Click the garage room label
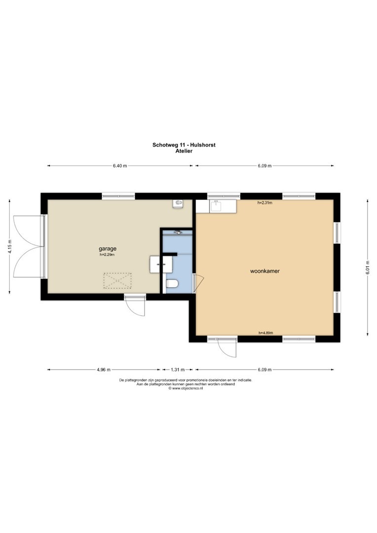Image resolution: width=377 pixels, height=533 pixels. coord(108,248)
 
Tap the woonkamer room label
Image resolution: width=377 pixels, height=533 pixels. coord(265,271)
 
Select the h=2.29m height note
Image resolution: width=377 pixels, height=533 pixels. coord(107,254)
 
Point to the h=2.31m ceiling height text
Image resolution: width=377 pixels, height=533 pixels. coord(265,203)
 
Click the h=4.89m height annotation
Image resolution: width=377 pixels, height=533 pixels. coord(266,333)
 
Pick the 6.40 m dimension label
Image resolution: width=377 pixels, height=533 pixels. coord(120,166)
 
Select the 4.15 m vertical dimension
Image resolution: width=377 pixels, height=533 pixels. coord(10,246)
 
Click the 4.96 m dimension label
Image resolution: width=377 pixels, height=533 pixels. coord(104,370)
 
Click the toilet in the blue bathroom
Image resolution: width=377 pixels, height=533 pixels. coord(171,283)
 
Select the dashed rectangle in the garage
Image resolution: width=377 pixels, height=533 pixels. coord(117,281)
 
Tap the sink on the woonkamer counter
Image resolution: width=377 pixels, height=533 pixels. coord(216,206)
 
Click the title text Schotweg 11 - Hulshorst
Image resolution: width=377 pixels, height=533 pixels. coord(184,145)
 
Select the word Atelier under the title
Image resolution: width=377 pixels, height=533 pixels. coord(184,151)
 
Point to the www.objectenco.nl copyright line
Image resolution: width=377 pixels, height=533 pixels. coord(186,388)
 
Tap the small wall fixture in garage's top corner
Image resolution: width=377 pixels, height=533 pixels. coord(178,204)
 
